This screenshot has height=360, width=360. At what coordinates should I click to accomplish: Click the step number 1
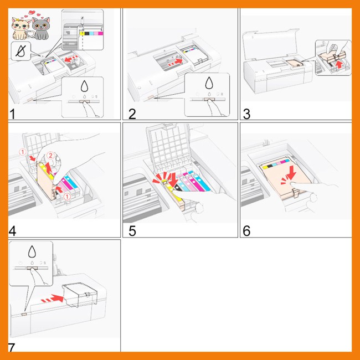(12, 114)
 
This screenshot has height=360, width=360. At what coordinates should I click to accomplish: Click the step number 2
(132, 114)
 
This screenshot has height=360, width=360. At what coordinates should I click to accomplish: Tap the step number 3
(246, 114)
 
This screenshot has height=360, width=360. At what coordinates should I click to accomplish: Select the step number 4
(12, 231)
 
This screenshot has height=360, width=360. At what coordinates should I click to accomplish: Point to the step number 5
(132, 231)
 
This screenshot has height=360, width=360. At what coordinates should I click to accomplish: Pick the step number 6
(246, 231)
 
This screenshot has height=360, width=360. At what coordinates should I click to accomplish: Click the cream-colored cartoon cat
(20, 28)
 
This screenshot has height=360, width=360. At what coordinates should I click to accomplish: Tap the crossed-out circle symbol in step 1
(20, 51)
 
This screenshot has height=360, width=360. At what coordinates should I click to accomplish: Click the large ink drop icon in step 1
(85, 86)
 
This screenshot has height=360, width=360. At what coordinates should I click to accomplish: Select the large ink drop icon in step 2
(209, 83)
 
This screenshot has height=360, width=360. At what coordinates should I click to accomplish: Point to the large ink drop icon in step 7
(32, 251)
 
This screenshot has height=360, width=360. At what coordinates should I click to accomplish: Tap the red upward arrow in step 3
(338, 64)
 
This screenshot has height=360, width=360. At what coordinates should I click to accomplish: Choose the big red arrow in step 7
(53, 299)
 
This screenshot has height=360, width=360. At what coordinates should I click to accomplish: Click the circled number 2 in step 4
(50, 156)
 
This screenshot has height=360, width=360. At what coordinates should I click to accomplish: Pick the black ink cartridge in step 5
(178, 188)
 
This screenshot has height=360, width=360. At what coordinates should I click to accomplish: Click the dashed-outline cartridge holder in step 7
(80, 295)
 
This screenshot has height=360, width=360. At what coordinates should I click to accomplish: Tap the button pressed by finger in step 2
(209, 100)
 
